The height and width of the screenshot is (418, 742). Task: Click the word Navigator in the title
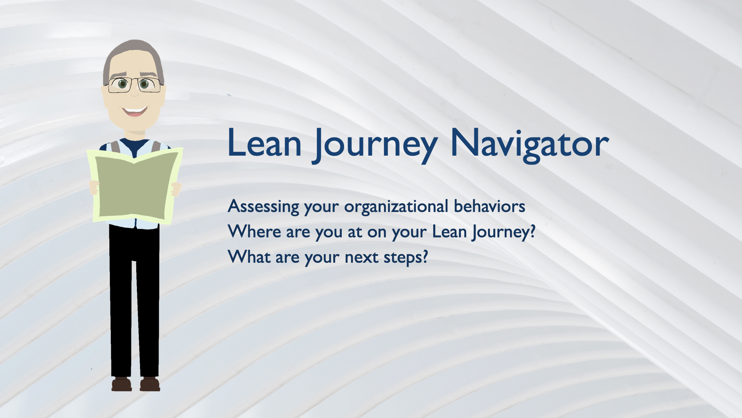click(529, 143)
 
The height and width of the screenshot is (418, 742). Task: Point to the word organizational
click(396, 207)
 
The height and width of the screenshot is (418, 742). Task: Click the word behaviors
click(489, 206)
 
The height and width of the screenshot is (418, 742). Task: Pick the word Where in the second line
click(254, 231)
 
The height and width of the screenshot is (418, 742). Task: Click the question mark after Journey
click(532, 231)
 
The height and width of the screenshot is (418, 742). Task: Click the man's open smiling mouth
click(135, 111)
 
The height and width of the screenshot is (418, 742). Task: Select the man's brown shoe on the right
click(150, 384)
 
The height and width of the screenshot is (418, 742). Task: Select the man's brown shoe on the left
click(121, 384)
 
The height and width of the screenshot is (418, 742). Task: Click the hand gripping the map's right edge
click(176, 189)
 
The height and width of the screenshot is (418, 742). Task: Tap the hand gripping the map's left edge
click(93, 187)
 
